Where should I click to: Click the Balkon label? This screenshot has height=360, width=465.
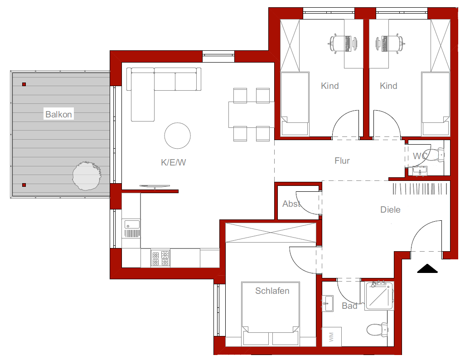pyautogui.click(x=58, y=114)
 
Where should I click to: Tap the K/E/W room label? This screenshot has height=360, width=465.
pyautogui.click(x=173, y=162)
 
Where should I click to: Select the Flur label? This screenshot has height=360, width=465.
pyautogui.click(x=342, y=161)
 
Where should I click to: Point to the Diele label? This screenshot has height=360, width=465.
pyautogui.click(x=390, y=209)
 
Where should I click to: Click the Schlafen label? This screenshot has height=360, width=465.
pyautogui.click(x=272, y=291)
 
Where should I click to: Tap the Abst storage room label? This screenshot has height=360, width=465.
pyautogui.click(x=291, y=204)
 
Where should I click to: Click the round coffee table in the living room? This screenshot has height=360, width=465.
pyautogui.click(x=177, y=136)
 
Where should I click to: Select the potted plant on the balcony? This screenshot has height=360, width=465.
pyautogui.click(x=87, y=176)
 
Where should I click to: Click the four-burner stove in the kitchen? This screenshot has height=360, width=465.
pyautogui.click(x=160, y=258)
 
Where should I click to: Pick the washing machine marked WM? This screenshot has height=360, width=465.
pyautogui.click(x=332, y=336)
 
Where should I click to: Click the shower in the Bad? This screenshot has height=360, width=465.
pyautogui.click(x=380, y=296)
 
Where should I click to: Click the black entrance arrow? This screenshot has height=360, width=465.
pyautogui.click(x=427, y=268)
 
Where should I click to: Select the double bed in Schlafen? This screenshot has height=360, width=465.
pyautogui.click(x=271, y=314)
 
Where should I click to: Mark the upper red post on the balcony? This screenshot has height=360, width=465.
pyautogui.click(x=24, y=84)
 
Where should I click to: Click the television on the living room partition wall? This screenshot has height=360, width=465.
pyautogui.click(x=155, y=187)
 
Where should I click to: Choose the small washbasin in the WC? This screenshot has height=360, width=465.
pyautogui.click(x=420, y=170)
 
